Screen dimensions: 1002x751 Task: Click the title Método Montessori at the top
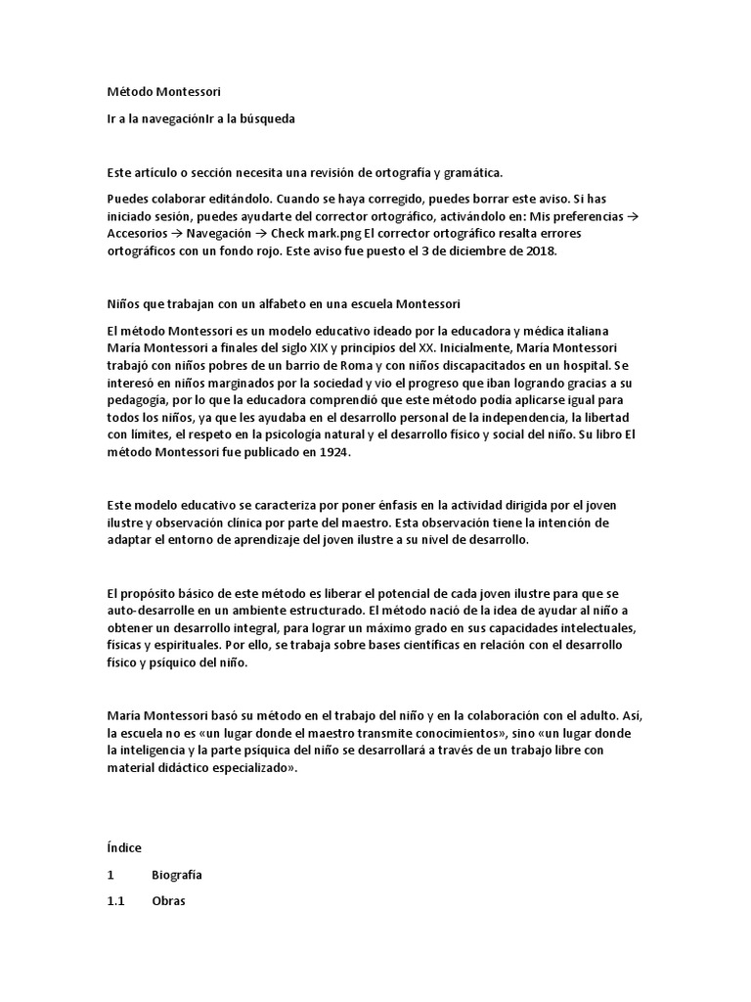pyautogui.click(x=163, y=93)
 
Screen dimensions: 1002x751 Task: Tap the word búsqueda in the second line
pyautogui.click(x=267, y=118)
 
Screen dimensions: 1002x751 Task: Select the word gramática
pyautogui.click(x=473, y=173)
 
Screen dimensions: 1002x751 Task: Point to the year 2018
pyautogui.click(x=540, y=251)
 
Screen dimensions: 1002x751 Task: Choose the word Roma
pyautogui.click(x=332, y=366)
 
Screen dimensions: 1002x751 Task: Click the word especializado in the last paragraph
pyautogui.click(x=241, y=769)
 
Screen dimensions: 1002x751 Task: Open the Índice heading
pyautogui.click(x=124, y=847)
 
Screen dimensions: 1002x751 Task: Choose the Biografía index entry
pyautogui.click(x=177, y=875)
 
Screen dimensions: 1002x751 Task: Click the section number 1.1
pyautogui.click(x=116, y=901)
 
